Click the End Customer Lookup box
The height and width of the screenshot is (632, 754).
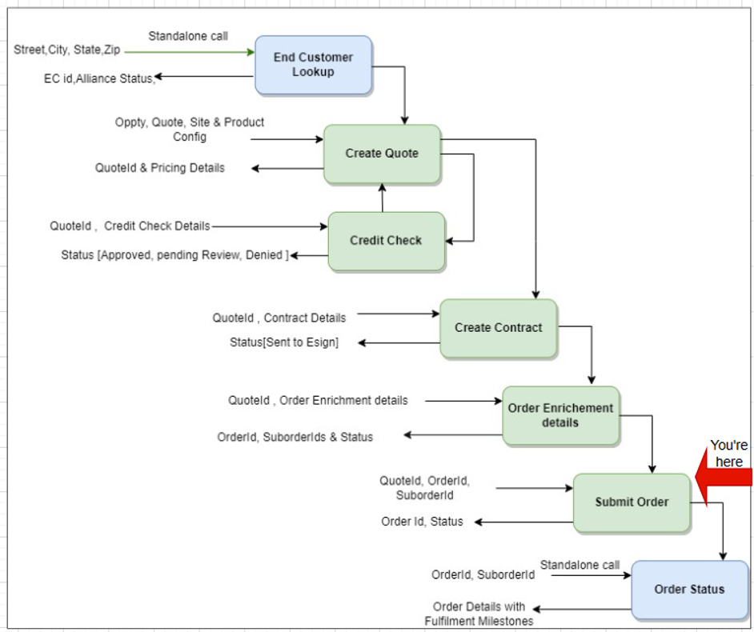pyautogui.click(x=313, y=65)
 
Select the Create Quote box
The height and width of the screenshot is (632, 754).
pyautogui.click(x=382, y=154)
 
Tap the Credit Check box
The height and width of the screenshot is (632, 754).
pyautogui.click(x=386, y=241)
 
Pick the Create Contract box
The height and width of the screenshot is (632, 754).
pyautogui.click(x=498, y=328)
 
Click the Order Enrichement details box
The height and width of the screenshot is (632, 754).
pyautogui.click(x=560, y=415)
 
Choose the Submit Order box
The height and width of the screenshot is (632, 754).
pyautogui.click(x=632, y=502)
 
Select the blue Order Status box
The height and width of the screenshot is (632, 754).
pyautogui.click(x=689, y=590)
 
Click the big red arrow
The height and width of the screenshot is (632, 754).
pyautogui.click(x=724, y=478)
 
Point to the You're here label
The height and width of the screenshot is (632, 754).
pyautogui.click(x=728, y=453)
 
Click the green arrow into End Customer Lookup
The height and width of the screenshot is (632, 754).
pyautogui.click(x=189, y=53)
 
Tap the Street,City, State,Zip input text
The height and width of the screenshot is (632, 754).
pyautogui.click(x=67, y=50)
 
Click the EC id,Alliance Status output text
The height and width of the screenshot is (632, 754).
pyautogui.click(x=98, y=78)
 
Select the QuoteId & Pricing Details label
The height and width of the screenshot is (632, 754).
pyautogui.click(x=160, y=168)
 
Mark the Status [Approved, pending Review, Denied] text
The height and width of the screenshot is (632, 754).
pyautogui.click(x=174, y=255)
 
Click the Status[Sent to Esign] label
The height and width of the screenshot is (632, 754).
pyautogui.click(x=284, y=342)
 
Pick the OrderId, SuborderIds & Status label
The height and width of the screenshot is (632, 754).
pyautogui.click(x=295, y=437)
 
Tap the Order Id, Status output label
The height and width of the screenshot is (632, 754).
pyautogui.click(x=422, y=522)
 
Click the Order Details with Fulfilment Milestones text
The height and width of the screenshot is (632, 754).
pyautogui.click(x=479, y=614)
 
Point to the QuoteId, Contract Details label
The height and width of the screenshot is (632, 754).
pyautogui.click(x=279, y=318)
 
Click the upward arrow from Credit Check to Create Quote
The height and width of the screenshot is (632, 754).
pyautogui.click(x=382, y=198)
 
